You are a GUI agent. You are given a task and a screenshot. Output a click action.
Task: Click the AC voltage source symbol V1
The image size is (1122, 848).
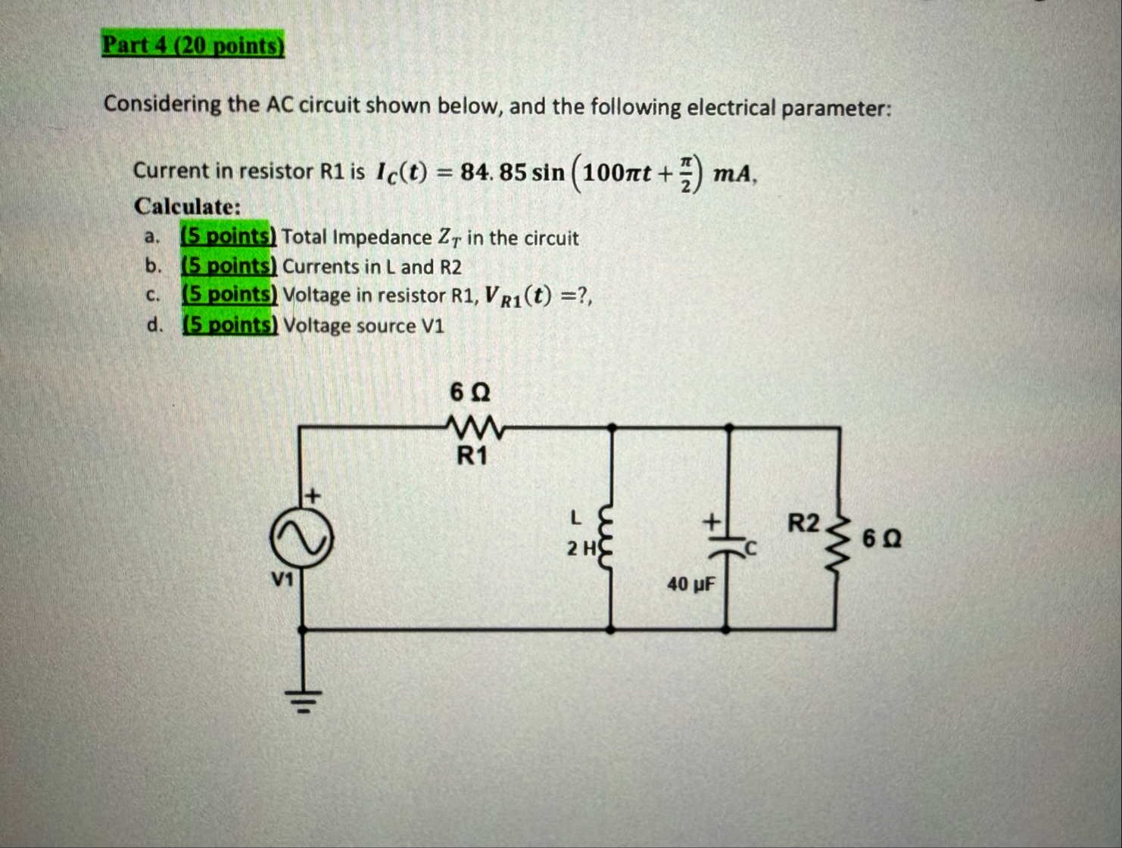click(x=301, y=538)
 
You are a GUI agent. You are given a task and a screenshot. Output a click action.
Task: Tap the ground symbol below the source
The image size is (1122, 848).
click(x=303, y=702)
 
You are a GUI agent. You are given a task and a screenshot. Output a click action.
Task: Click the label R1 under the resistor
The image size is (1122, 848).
click(x=472, y=457)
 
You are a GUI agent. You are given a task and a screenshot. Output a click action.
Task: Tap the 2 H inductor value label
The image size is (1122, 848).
click(x=582, y=548)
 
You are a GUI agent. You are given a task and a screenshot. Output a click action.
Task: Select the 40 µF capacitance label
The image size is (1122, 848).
click(x=690, y=585)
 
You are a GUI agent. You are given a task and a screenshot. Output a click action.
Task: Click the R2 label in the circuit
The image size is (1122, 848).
click(x=803, y=523)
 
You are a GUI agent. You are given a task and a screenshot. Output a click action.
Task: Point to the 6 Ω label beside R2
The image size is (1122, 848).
click(x=882, y=539)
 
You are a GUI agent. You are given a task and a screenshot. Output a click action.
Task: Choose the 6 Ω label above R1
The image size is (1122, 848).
click(x=470, y=393)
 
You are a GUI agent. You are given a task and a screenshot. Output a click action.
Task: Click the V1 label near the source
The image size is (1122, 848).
click(x=283, y=580)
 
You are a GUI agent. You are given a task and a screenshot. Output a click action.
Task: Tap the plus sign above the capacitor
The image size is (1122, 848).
click(x=711, y=521)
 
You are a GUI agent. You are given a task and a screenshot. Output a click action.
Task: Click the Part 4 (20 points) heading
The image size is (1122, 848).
click(x=193, y=45)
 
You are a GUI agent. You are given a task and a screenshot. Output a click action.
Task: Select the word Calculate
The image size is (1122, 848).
click(x=187, y=207)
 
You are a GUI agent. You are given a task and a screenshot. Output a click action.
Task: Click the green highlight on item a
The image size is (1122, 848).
click(x=228, y=237)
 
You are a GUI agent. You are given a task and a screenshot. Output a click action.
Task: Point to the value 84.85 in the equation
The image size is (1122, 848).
click(x=493, y=172)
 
